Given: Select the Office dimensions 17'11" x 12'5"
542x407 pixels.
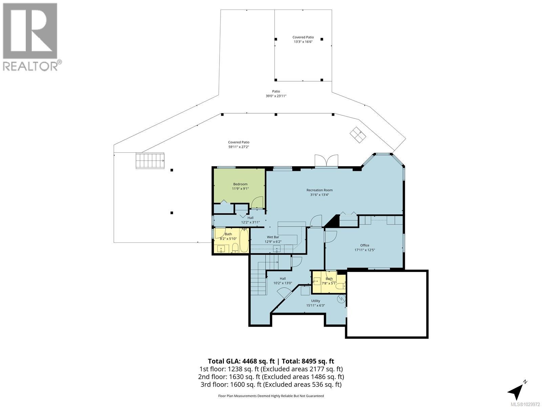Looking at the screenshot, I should pos(364,250).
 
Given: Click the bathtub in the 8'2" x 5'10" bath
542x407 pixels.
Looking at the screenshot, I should pos(244,241).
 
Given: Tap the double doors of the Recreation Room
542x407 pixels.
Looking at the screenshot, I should pos(326,160).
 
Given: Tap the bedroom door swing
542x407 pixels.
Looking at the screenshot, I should pos(257,202).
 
